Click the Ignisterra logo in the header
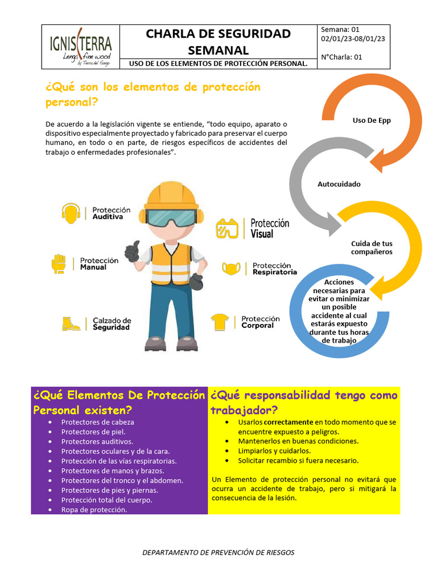tap(81, 45)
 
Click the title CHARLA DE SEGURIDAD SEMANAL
tap(218, 41)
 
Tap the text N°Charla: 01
tap(341, 57)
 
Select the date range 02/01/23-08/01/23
tap(353, 39)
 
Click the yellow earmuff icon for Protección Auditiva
tap(71, 213)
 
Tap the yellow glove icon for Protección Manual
tap(59, 263)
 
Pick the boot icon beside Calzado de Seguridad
tap(71, 323)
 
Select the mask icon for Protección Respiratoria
tap(232, 268)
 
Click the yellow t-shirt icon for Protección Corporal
tap(220, 322)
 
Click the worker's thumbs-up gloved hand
tap(132, 251)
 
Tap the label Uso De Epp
tap(372, 120)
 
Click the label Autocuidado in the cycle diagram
tap(339, 184)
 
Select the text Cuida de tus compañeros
tap(372, 247)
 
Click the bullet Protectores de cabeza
tap(97, 422)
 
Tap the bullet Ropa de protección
tap(94, 510)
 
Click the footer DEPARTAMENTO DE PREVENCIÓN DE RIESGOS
tap(218, 552)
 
